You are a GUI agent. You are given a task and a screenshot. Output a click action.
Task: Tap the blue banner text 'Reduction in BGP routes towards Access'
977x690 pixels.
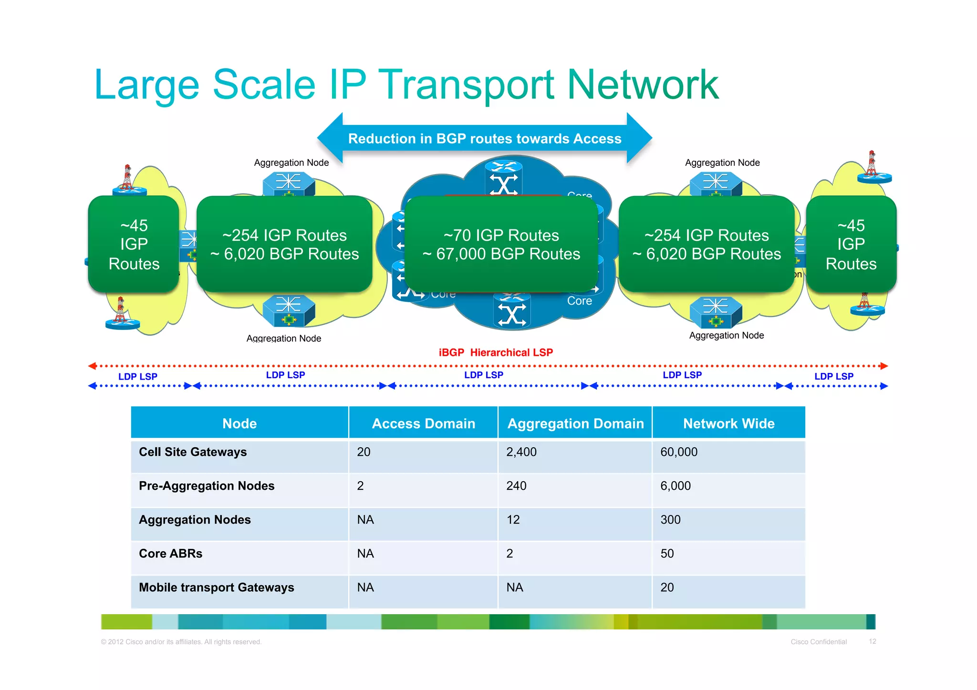(484, 139)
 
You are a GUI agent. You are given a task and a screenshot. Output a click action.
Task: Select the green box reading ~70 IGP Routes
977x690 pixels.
(501, 244)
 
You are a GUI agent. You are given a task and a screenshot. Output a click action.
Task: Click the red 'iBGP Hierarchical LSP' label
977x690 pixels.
(496, 352)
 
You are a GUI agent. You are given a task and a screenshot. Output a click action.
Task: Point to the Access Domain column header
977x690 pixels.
(423, 423)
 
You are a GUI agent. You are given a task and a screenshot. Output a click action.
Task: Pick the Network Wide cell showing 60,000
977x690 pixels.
(678, 452)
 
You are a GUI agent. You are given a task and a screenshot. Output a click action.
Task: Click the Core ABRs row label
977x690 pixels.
(170, 554)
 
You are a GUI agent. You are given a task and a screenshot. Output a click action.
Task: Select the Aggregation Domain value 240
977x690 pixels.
(516, 486)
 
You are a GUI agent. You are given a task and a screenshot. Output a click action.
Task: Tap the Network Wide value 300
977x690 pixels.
(670, 520)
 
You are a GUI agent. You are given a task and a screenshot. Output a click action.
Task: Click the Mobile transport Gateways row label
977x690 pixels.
(216, 587)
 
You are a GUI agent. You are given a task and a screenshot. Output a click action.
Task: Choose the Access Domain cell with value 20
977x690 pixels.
(364, 452)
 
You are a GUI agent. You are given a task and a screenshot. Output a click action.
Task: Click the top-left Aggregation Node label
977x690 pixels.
(291, 163)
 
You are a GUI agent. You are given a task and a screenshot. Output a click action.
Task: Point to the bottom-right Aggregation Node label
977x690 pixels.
(726, 335)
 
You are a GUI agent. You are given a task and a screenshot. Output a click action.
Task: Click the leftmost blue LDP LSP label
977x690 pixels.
(137, 377)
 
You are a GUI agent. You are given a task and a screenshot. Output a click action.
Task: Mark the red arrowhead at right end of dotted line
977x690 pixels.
(883, 366)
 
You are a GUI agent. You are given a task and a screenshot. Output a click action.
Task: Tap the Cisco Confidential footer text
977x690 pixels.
(818, 642)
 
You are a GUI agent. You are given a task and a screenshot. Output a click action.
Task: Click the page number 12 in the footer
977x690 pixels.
(872, 641)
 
